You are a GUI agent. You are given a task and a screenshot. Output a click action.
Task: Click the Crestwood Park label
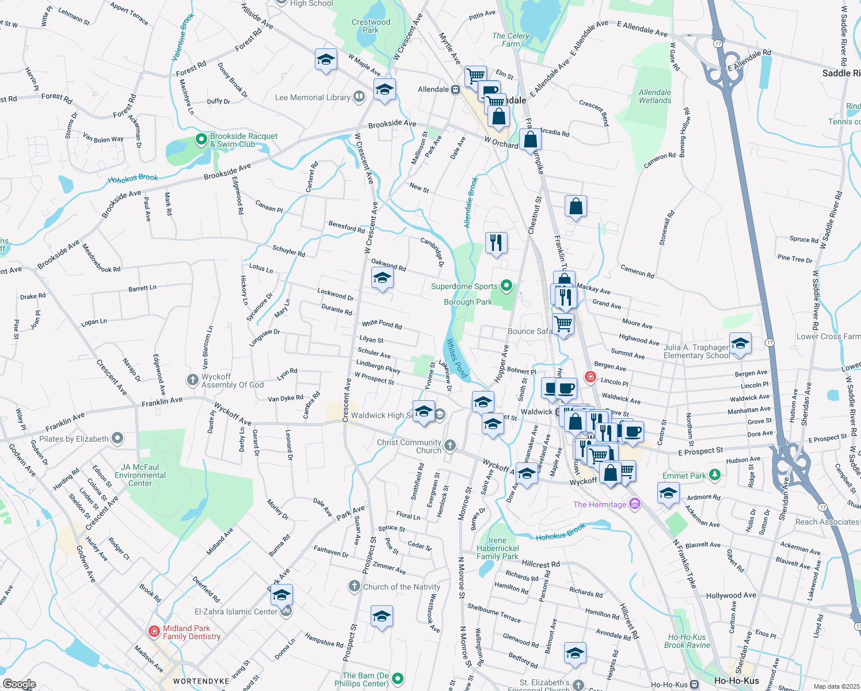click(x=371, y=26)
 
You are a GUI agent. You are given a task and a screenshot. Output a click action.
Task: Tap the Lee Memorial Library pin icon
click(x=359, y=97)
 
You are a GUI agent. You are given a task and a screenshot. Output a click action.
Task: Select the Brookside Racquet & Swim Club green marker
click(x=201, y=139)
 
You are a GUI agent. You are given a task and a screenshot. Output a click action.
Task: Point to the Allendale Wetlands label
click(x=655, y=96)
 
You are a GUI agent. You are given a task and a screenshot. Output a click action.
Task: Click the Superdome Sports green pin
click(x=506, y=285)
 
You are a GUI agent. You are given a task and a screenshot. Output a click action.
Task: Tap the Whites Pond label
click(x=457, y=358)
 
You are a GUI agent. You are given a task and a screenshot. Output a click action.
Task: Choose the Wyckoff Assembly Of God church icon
click(x=193, y=380)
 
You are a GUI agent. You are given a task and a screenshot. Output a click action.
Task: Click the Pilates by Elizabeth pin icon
click(x=117, y=438)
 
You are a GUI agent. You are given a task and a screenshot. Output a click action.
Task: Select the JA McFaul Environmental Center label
click(x=140, y=475)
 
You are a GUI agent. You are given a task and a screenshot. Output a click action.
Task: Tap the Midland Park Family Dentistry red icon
click(x=154, y=632)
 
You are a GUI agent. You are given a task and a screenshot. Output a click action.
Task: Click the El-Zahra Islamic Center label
click(x=235, y=612)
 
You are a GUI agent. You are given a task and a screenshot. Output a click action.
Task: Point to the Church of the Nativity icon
click(x=354, y=586)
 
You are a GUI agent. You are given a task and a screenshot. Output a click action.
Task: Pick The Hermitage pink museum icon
click(x=634, y=504)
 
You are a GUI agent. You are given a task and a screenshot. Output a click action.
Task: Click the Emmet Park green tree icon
click(x=715, y=475)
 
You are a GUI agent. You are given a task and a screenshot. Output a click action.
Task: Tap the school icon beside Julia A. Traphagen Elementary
click(x=740, y=344)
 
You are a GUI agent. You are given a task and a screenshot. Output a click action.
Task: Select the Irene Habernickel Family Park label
click(x=497, y=548)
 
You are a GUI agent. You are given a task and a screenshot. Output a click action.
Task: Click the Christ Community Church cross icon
click(x=450, y=445)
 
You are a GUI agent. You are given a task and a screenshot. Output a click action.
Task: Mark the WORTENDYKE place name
click(x=201, y=681)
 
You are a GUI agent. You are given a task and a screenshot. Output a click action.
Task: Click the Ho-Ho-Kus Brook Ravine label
click(x=687, y=641)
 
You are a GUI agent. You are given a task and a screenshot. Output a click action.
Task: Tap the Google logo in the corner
click(x=19, y=684)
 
